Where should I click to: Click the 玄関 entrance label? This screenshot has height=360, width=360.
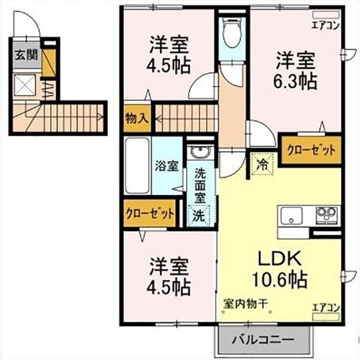(24, 55)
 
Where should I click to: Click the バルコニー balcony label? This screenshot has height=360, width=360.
(263, 340)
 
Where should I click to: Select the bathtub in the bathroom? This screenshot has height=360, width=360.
(137, 165)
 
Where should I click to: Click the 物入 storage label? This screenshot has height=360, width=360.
(137, 119)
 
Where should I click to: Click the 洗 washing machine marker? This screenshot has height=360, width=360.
(199, 214)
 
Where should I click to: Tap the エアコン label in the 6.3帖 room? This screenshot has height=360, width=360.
(326, 24)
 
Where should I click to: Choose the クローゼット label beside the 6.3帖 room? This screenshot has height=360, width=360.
(310, 150)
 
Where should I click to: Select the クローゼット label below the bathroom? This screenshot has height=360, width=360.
(150, 214)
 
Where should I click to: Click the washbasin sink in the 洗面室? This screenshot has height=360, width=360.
(199, 153)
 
